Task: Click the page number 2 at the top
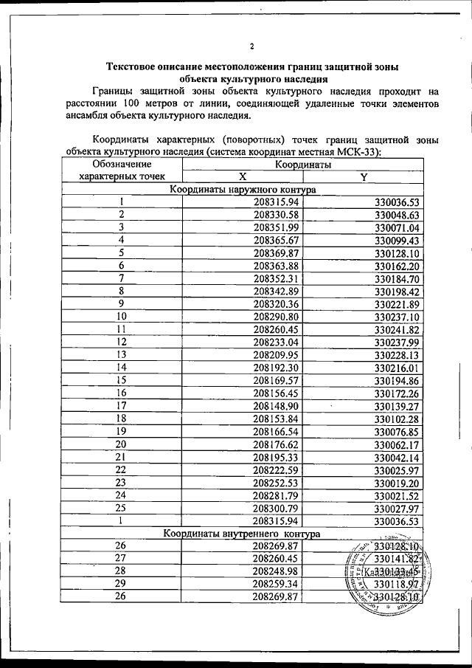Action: [x=251, y=47]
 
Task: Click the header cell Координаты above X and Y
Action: [x=303, y=165]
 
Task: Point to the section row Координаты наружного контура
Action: [x=242, y=190]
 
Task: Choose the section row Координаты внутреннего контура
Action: [x=242, y=532]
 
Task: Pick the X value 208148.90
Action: [x=275, y=405]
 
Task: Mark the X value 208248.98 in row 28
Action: [x=275, y=571]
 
